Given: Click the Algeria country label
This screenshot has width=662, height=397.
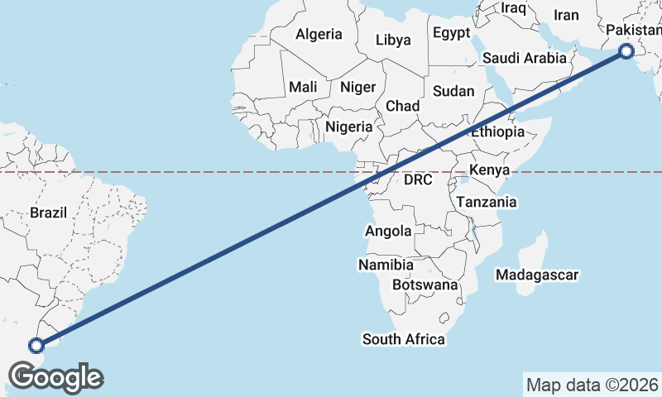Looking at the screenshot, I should click(x=319, y=34).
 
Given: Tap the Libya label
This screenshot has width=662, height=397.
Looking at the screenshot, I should click(x=393, y=39).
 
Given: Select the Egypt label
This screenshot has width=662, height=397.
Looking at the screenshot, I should click(x=451, y=33).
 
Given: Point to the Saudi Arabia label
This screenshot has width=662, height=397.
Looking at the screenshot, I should click(x=525, y=58).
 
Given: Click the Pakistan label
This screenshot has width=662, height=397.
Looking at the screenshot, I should click(x=634, y=31).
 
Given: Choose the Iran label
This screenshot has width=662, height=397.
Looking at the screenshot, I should click(x=566, y=15).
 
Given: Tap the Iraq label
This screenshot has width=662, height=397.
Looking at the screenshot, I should click(x=513, y=7).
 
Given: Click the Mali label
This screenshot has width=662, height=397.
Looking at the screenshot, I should click(x=303, y=87).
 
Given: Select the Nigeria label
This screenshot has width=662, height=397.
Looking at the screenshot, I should click(x=349, y=127).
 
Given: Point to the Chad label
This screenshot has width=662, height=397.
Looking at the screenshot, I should click(x=403, y=106).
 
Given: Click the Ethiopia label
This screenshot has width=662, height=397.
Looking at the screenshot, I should click(x=498, y=132).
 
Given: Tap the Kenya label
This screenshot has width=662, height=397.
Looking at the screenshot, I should click(x=487, y=170).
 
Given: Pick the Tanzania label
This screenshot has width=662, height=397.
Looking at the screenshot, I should click(x=487, y=202).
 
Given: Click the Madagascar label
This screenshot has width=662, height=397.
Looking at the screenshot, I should click(x=536, y=274).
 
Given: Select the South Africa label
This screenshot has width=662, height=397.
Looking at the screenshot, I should click(x=404, y=339).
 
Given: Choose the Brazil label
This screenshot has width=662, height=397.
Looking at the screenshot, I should click(x=48, y=213).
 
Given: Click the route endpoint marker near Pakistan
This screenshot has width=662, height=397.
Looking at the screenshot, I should click(x=626, y=52).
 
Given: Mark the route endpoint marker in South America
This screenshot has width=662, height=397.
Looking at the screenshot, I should click(x=36, y=346).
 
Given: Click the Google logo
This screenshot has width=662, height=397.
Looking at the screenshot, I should click(x=56, y=377).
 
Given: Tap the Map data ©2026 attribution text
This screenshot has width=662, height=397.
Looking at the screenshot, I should click(x=592, y=385).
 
